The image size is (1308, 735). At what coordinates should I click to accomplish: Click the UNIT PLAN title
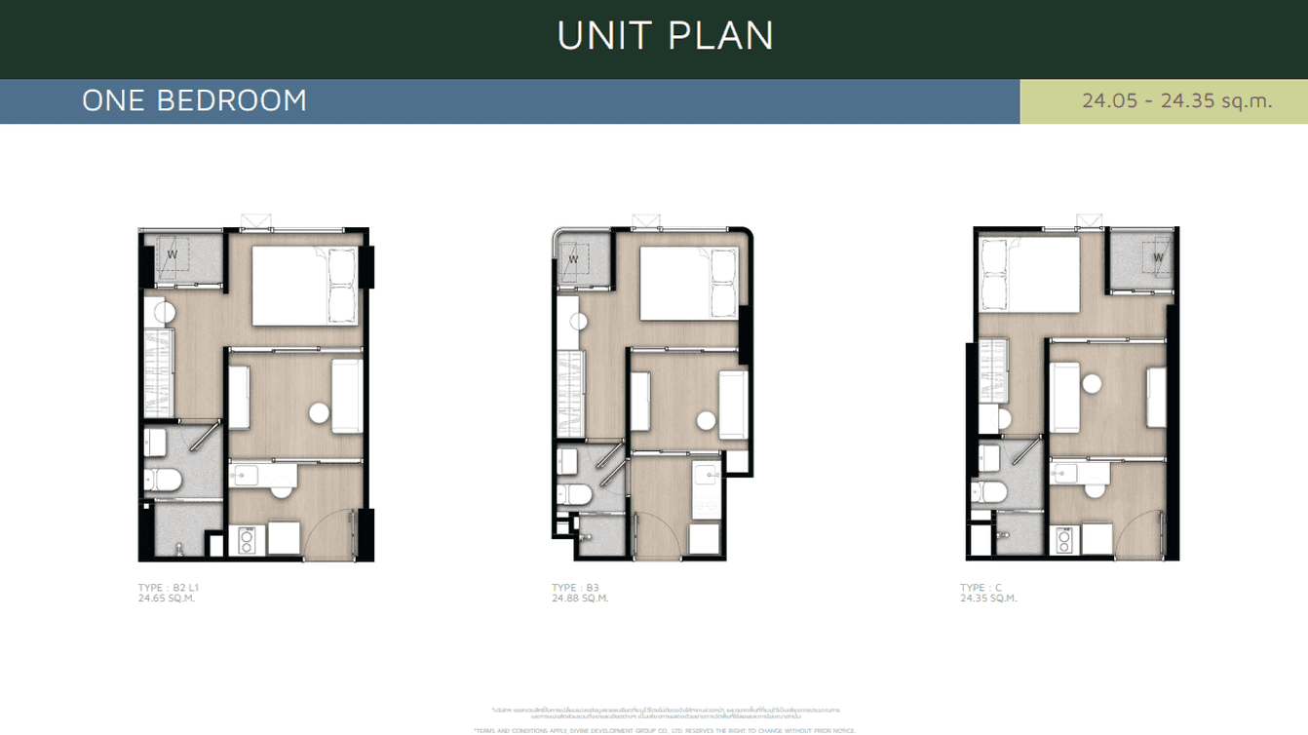click(x=666, y=36)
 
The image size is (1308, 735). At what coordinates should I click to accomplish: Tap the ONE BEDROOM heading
click(x=194, y=100)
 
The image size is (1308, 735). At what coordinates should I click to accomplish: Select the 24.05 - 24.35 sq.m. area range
click(x=1176, y=100)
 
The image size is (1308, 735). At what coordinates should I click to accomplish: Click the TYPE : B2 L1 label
click(x=169, y=588)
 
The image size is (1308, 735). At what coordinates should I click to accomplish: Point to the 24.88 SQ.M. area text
click(x=579, y=599)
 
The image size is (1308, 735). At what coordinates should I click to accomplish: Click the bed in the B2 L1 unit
click(x=304, y=285)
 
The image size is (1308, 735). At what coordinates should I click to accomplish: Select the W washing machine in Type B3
click(x=573, y=259)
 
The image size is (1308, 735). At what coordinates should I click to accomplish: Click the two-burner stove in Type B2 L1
click(x=246, y=540)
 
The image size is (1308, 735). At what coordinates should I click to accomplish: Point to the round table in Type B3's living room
click(x=706, y=421)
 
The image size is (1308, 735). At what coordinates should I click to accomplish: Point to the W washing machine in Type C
click(x=1158, y=257)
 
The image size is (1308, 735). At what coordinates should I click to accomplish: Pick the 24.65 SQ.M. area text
click(x=167, y=599)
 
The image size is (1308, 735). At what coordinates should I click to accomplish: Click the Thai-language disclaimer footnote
click(x=666, y=713)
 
